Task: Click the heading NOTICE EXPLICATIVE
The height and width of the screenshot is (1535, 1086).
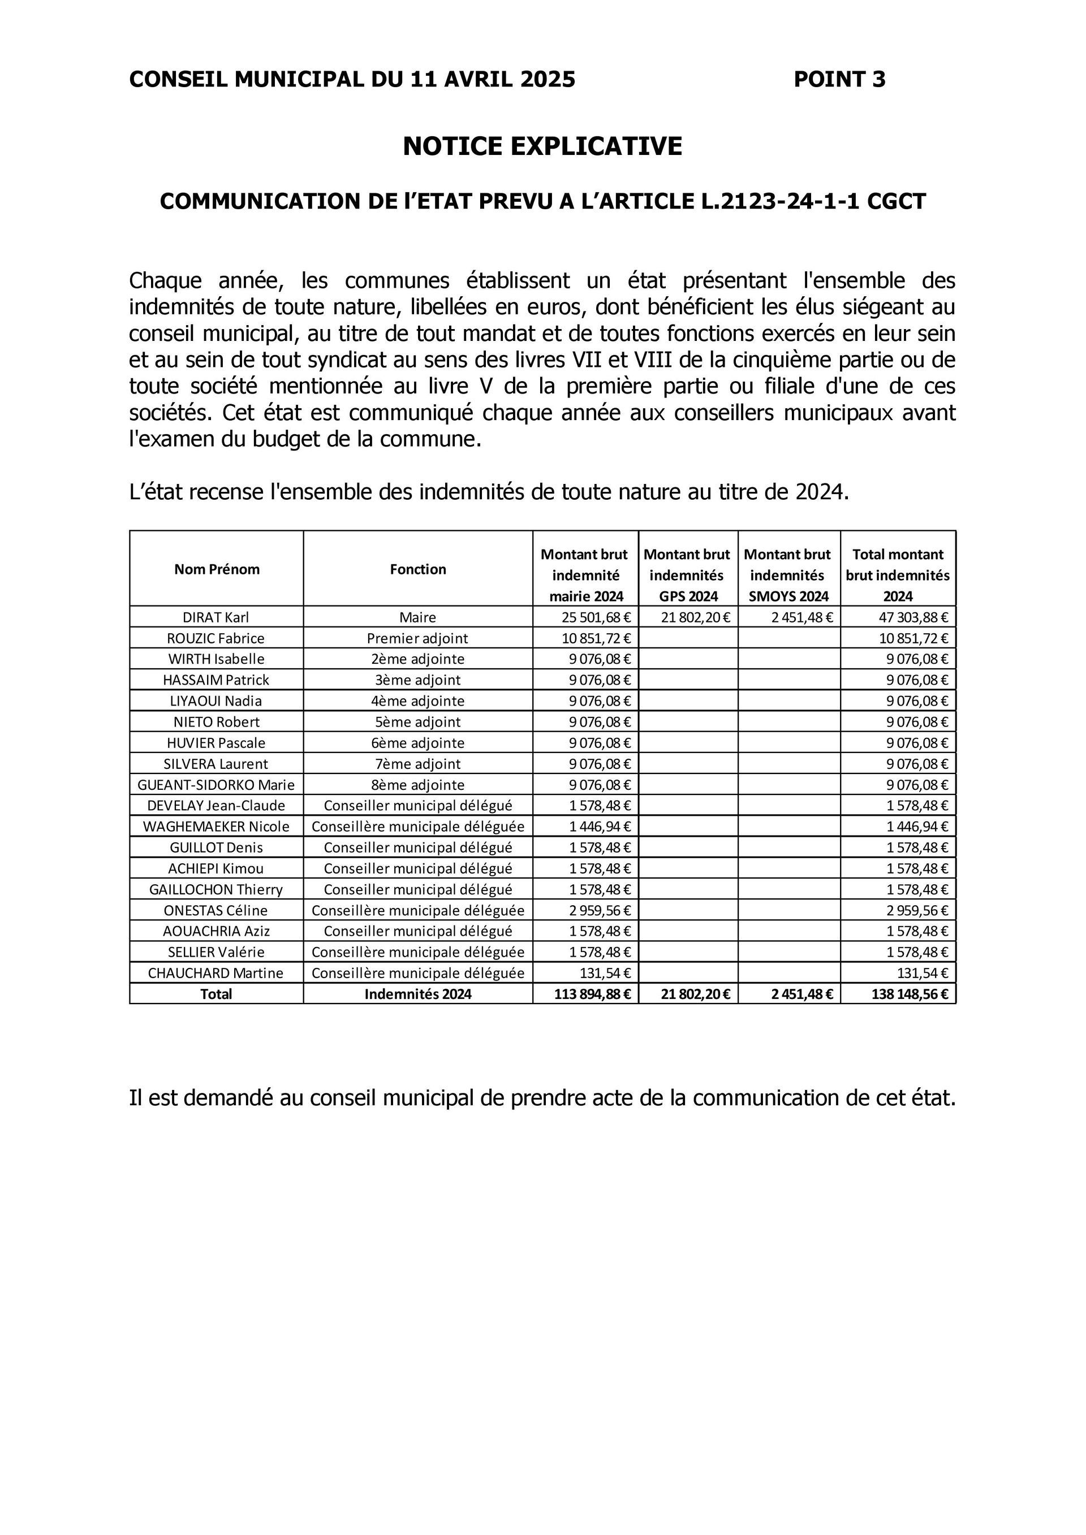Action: coord(542,146)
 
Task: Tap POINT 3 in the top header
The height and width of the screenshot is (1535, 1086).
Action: coord(839,80)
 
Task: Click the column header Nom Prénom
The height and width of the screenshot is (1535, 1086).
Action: coord(217,569)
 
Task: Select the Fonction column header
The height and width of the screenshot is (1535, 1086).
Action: coord(418,569)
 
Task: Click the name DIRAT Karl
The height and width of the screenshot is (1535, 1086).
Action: coord(216,617)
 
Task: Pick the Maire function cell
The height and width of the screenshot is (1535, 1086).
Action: coord(418,617)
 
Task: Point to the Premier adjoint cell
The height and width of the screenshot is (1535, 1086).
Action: coord(418,638)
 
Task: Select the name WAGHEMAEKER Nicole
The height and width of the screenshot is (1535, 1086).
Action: coord(216,827)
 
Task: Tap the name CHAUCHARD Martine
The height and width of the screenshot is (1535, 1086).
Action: coord(216,973)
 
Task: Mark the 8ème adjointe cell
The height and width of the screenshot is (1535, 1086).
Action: coord(418,785)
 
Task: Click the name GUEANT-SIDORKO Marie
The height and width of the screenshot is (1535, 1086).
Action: coord(216,785)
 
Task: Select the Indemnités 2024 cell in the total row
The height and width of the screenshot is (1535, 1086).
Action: coord(418,994)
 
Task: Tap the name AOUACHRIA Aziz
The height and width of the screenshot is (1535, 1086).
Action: coord(216,931)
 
